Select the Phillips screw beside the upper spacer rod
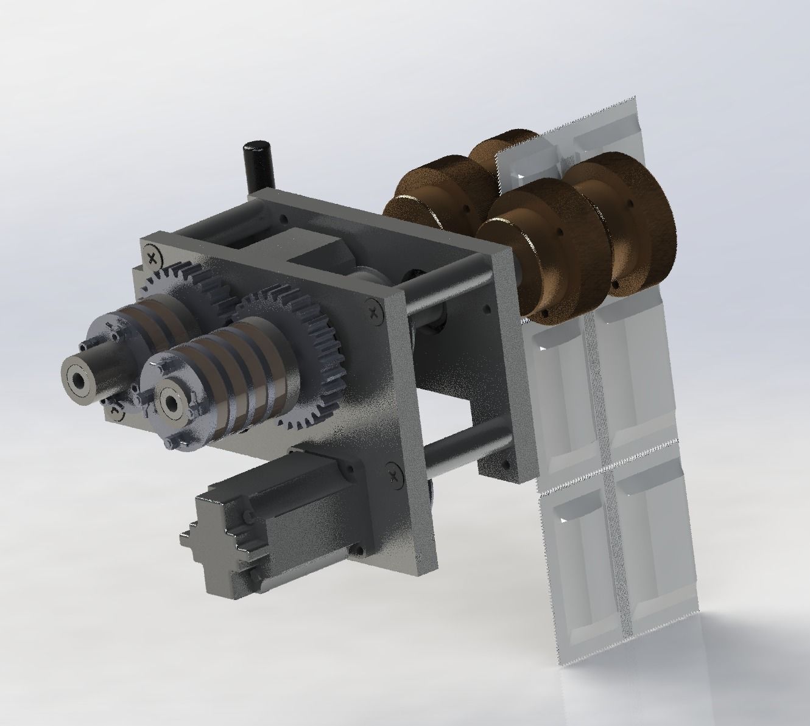373,312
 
